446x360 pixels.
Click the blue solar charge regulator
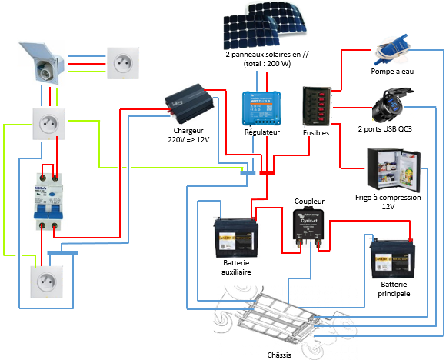click(261, 108)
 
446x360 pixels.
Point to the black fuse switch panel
click(315, 107)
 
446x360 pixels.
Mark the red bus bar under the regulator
click(267, 172)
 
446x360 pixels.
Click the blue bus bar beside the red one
click(248, 172)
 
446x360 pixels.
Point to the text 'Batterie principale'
click(394, 288)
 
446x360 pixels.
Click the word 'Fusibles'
click(316, 133)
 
